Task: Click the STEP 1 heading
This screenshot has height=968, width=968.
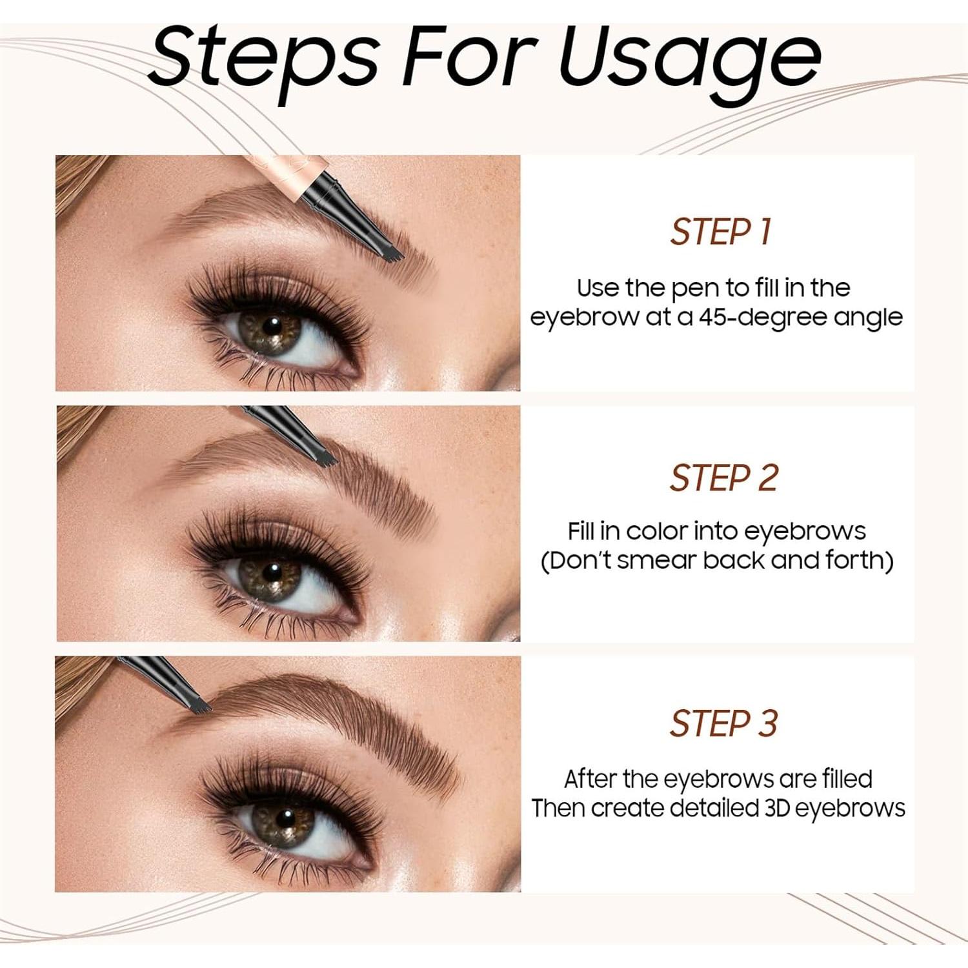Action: click(721, 232)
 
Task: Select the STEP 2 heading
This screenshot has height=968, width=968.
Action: click(723, 478)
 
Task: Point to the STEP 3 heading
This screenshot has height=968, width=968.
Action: click(723, 723)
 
